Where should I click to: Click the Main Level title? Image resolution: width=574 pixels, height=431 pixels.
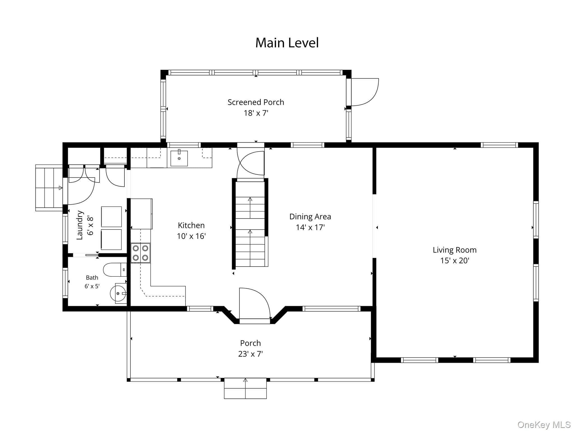(x=287, y=43)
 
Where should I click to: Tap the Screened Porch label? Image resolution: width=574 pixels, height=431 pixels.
(x=256, y=102)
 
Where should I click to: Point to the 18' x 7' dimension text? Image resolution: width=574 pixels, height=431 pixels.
(x=256, y=113)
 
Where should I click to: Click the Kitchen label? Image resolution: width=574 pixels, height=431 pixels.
(x=191, y=225)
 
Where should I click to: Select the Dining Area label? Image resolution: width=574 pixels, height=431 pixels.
(x=310, y=217)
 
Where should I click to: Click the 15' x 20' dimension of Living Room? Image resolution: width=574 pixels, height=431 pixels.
(x=455, y=261)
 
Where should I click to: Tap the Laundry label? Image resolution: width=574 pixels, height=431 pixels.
(x=80, y=225)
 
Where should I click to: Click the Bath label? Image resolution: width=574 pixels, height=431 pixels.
(x=92, y=278)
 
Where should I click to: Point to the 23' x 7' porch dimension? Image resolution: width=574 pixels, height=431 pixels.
(x=250, y=354)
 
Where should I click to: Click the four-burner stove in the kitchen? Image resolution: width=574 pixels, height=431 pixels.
(x=140, y=253)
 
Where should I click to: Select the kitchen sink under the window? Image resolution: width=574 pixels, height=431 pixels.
(x=179, y=158)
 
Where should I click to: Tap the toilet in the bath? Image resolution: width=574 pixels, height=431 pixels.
(x=115, y=270)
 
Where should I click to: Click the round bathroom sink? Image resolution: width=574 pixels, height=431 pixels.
(x=119, y=293)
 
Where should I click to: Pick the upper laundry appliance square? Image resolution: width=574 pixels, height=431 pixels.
(x=111, y=217)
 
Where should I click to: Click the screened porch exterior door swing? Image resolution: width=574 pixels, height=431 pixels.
(x=365, y=92)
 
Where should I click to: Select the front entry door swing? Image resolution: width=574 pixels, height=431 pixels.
(x=254, y=303)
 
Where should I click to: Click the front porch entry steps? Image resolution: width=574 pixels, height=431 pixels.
(x=245, y=388)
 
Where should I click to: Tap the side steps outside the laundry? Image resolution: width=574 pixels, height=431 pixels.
(x=49, y=188)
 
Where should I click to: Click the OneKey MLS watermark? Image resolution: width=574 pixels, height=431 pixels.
(x=544, y=425)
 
